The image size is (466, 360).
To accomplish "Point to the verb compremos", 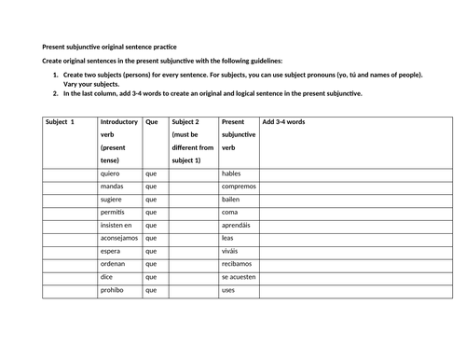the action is (240, 187).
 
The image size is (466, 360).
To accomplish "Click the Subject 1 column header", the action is (60, 122).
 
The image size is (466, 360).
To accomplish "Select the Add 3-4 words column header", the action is (283, 122).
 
